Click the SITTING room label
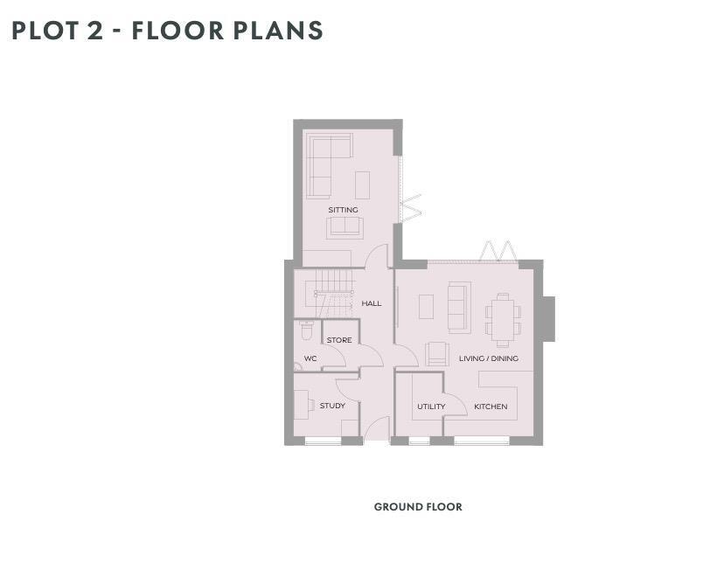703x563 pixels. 343,210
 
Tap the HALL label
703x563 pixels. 372,303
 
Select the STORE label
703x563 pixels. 339,340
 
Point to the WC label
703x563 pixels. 310,359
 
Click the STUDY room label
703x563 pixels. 332,406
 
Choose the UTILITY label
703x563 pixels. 431,407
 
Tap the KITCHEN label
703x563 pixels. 491,407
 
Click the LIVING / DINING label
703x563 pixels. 489,358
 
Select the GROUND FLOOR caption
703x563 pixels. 418,507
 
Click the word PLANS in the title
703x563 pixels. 278,31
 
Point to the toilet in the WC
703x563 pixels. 306,330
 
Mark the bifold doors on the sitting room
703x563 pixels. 409,208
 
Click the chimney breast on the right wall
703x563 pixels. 549,318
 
